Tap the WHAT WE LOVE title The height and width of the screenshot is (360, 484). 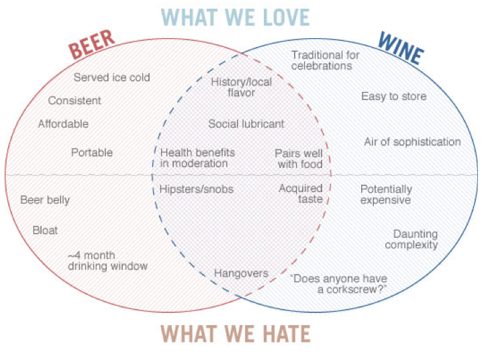click(236, 16)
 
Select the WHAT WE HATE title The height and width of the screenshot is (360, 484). click(236, 332)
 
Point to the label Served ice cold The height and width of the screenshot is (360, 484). click(112, 77)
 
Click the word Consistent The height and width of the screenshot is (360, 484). click(75, 101)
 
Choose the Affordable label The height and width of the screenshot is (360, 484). click(63, 124)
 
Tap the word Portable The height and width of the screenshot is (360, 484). click(92, 152)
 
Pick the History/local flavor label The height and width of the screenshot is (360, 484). click(233, 87)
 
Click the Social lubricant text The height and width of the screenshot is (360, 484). click(246, 124)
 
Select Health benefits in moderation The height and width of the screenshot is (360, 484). click(193, 158)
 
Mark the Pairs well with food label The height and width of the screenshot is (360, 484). click(299, 158)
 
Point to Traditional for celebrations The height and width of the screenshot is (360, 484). click(326, 60)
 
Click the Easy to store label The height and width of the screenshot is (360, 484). click(393, 97)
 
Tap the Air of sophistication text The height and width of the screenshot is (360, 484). click(412, 142)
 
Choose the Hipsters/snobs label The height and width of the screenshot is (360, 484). click(196, 189)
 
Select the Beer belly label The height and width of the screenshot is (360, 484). click(45, 199)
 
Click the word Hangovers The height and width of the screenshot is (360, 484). click(241, 273)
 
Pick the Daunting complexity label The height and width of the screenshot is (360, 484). click(415, 239)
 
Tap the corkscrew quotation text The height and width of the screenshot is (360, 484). click(338, 283)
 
